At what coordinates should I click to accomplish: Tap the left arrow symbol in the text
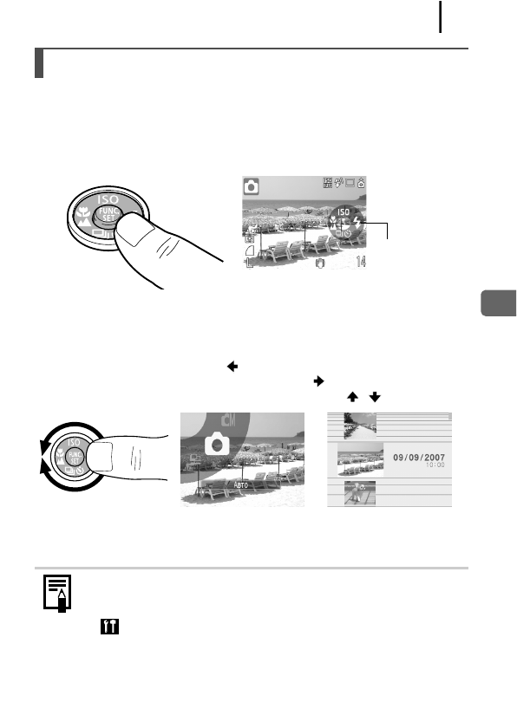tap(232, 367)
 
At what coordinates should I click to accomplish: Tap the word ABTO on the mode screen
tap(238, 486)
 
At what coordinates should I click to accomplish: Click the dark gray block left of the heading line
tap(39, 63)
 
